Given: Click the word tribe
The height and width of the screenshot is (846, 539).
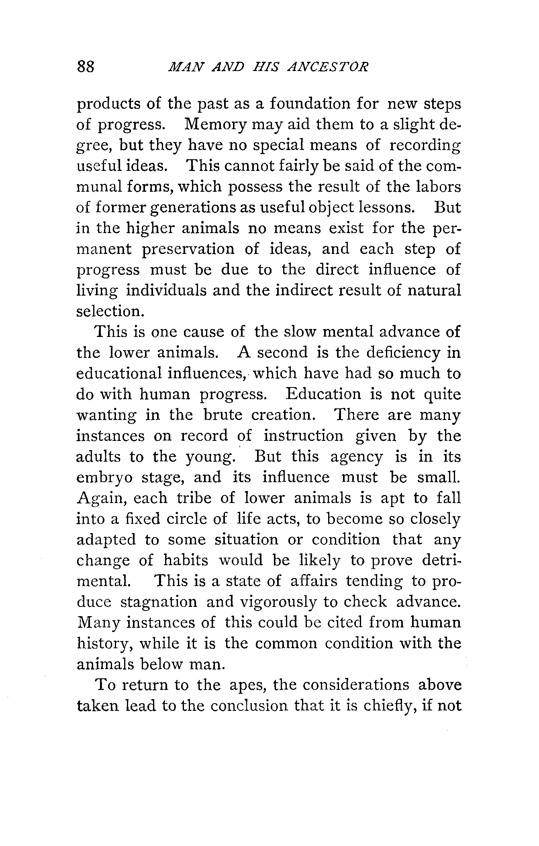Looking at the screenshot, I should pyautogui.click(x=194, y=499).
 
